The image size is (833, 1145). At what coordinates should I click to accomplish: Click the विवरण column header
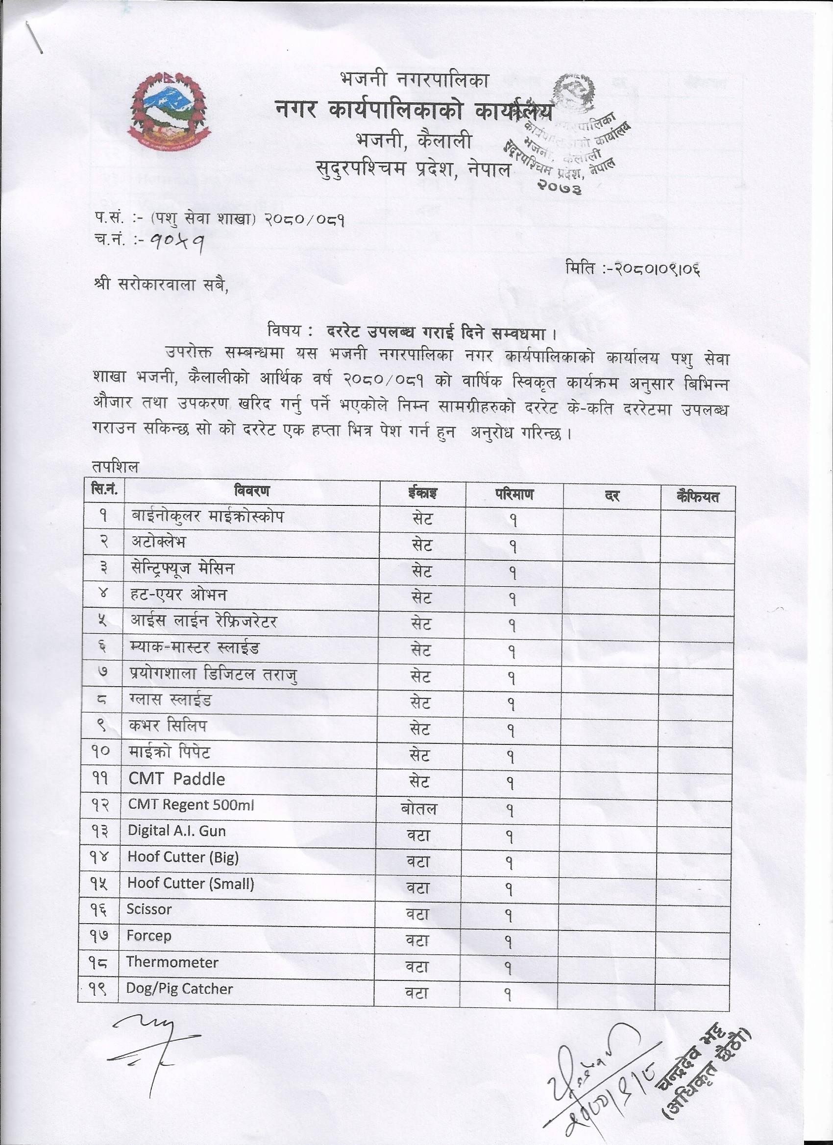[x=251, y=491]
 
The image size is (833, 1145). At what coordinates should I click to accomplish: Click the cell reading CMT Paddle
[x=176, y=779]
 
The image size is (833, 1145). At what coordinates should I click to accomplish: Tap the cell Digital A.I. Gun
[x=176, y=831]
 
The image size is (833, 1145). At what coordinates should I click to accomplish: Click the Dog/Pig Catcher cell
[x=179, y=988]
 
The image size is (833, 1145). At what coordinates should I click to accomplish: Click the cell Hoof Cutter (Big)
[x=183, y=857]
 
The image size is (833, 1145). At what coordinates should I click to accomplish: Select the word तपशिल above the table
[x=115, y=468]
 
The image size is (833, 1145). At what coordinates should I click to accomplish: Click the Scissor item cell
[x=149, y=909]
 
